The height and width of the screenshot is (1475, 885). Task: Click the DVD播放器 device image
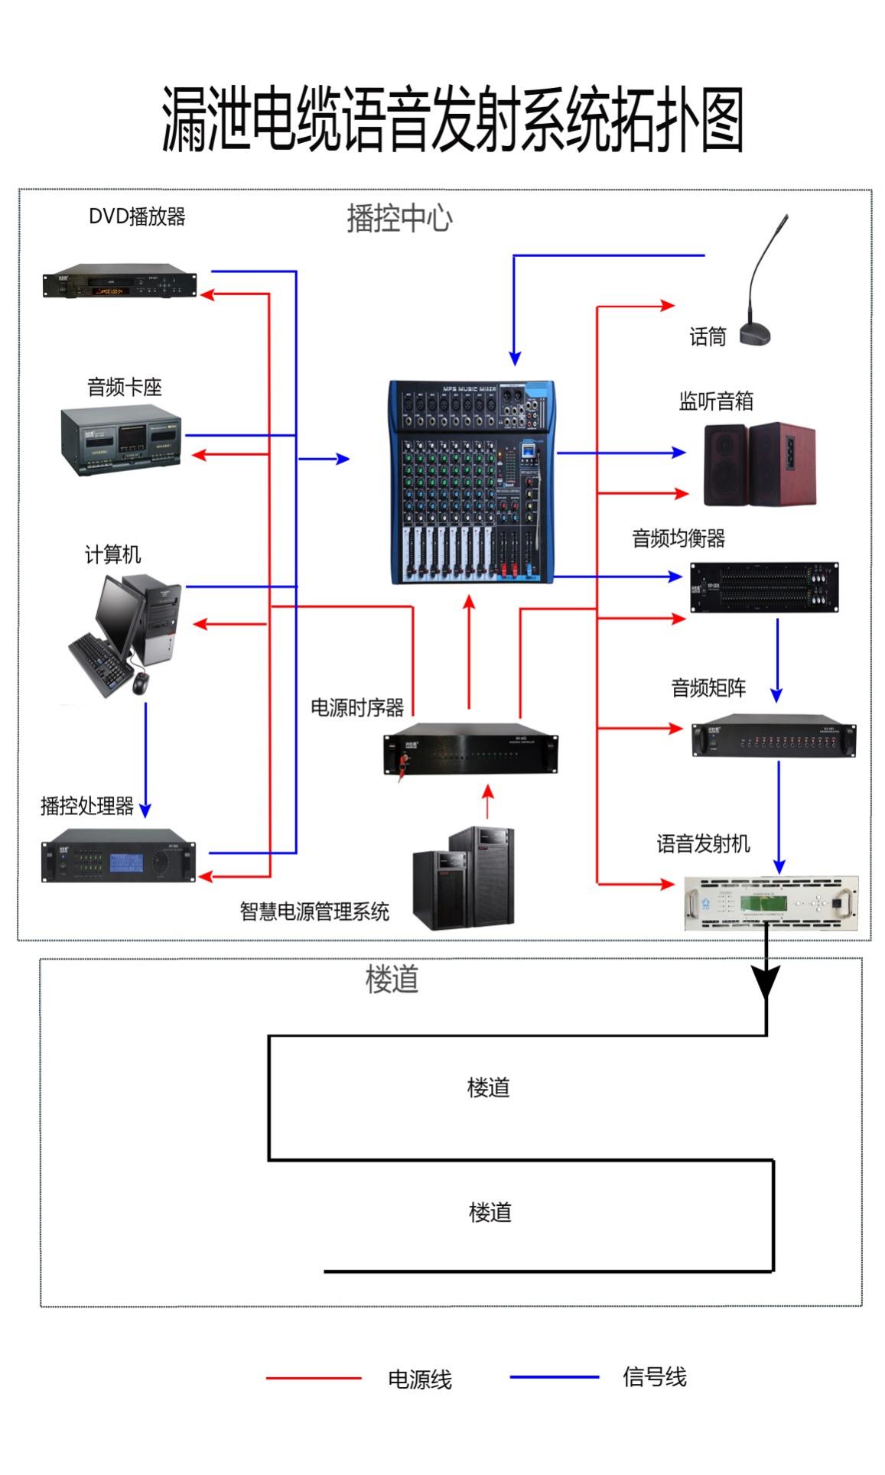(119, 281)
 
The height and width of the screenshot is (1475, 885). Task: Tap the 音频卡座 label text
(125, 387)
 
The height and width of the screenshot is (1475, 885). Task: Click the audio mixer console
(472, 482)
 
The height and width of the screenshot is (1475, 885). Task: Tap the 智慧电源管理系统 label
(314, 911)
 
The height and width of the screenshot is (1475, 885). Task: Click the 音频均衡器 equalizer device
(763, 587)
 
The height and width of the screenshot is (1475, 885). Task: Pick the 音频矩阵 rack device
(773, 736)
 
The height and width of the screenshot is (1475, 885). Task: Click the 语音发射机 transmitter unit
(771, 902)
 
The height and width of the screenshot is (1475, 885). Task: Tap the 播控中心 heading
(399, 219)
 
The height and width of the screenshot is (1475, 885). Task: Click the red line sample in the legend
(314, 1378)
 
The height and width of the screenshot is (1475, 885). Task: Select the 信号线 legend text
(654, 1377)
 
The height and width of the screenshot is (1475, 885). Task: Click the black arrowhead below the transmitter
(766, 980)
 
